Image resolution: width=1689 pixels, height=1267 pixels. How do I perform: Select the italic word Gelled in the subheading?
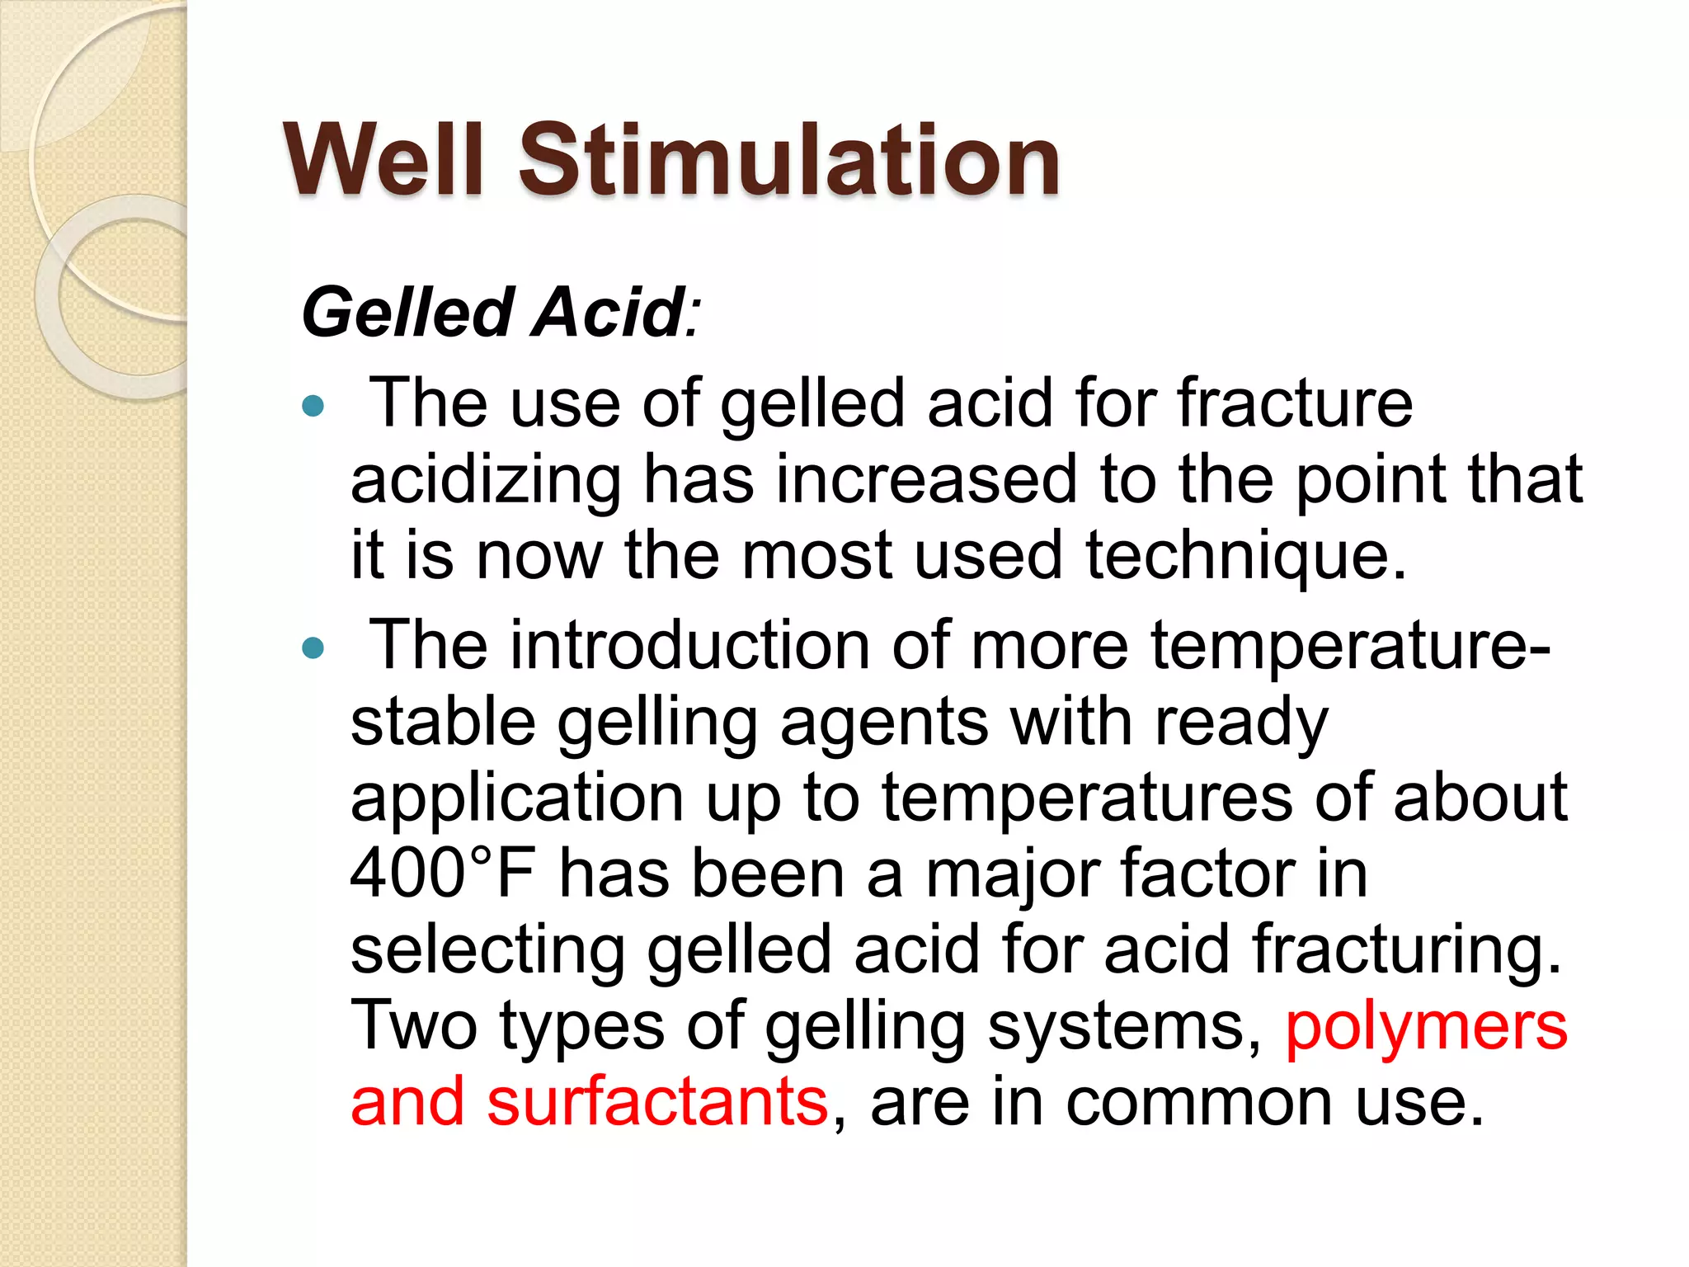(407, 313)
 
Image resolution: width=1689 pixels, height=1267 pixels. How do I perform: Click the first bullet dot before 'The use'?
(313, 405)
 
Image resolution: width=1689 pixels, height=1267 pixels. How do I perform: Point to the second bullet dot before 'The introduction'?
(313, 648)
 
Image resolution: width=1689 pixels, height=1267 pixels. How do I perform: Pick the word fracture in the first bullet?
(1295, 404)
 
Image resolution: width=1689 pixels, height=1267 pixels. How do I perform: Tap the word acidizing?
(486, 480)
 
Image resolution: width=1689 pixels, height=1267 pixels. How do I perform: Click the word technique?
(1245, 556)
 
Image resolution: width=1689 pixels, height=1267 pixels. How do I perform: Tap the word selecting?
(487, 950)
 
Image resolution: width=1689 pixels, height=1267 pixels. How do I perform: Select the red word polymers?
(1426, 1028)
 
